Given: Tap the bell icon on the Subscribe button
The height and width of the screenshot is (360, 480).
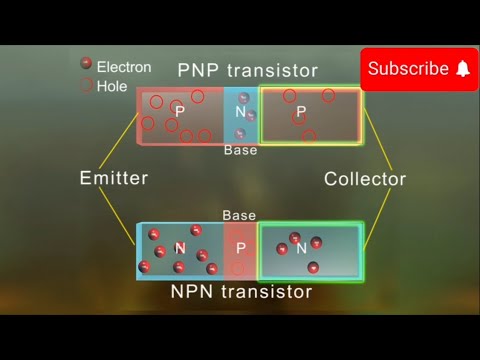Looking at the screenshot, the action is click(462, 69).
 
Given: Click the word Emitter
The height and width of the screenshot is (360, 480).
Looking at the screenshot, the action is click(114, 179).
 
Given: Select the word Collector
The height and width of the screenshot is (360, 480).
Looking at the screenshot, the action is click(365, 180).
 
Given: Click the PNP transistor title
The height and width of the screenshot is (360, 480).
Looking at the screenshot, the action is click(248, 71).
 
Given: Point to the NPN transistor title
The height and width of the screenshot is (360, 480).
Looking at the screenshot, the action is click(241, 292).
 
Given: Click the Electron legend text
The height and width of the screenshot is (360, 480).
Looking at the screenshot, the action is click(124, 67).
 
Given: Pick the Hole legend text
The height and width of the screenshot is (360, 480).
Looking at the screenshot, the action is click(112, 86).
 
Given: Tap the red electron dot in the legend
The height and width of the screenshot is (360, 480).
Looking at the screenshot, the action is click(86, 64).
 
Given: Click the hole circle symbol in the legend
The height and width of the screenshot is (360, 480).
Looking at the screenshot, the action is click(86, 86).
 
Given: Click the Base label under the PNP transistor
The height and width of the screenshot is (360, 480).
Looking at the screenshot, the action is click(240, 150).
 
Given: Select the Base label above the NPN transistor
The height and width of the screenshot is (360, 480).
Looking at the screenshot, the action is click(239, 215).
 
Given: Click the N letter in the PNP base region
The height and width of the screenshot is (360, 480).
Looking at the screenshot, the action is click(240, 111).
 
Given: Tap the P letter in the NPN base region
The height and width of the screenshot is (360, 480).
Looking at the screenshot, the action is click(240, 247).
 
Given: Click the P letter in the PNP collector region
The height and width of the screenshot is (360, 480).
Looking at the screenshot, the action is click(301, 111).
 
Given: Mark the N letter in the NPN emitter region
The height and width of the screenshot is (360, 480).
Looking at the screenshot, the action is click(180, 247).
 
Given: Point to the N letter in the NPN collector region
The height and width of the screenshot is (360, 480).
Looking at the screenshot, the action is click(302, 248).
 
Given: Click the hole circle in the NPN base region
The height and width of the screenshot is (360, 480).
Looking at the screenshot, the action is click(237, 267).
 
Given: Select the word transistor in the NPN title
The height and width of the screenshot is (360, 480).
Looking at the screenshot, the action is click(268, 292).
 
